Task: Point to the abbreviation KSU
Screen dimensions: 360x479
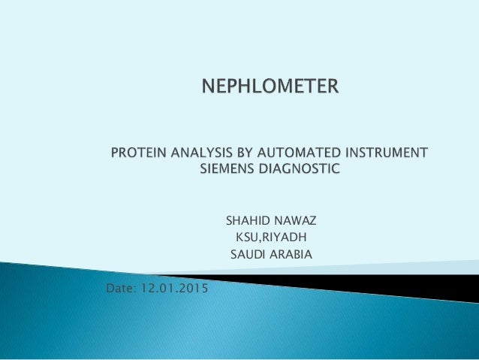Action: (247, 238)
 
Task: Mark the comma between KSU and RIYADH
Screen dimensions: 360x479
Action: (260, 241)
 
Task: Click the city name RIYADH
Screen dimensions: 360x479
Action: (284, 238)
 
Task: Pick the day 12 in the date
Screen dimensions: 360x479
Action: (154, 289)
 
